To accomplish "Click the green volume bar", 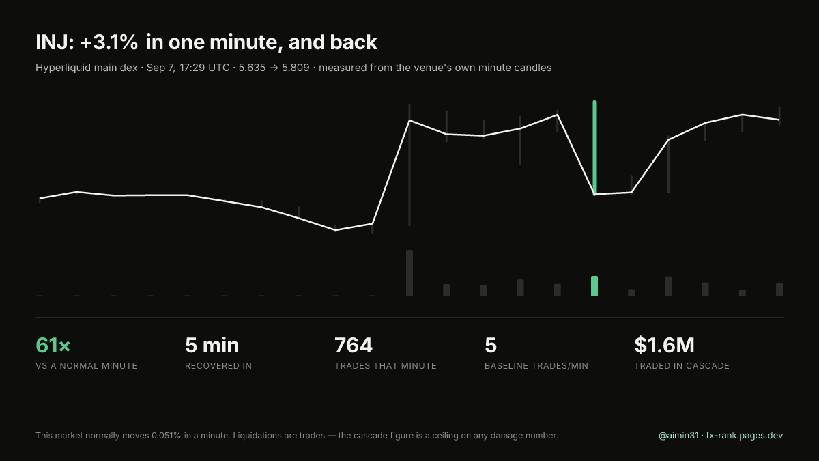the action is (594, 286).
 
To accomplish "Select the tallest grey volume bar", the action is (409, 273).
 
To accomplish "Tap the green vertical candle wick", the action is (594, 148).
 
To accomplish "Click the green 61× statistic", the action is (53, 346).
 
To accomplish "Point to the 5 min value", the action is (212, 346).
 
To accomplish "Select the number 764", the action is (354, 346).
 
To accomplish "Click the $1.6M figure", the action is (664, 346).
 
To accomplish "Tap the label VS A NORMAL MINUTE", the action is (86, 366).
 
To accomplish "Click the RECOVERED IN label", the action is (218, 366).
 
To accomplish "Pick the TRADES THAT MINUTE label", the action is (386, 366).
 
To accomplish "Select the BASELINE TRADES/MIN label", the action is (536, 366).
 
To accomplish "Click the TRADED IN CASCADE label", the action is (682, 366).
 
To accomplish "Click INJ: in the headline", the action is (55, 42).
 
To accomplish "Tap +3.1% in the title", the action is (109, 42).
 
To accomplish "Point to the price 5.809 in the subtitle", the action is (296, 68).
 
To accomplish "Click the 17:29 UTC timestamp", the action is (204, 68).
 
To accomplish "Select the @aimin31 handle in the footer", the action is (678, 436).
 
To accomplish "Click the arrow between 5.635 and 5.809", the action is (274, 68).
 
